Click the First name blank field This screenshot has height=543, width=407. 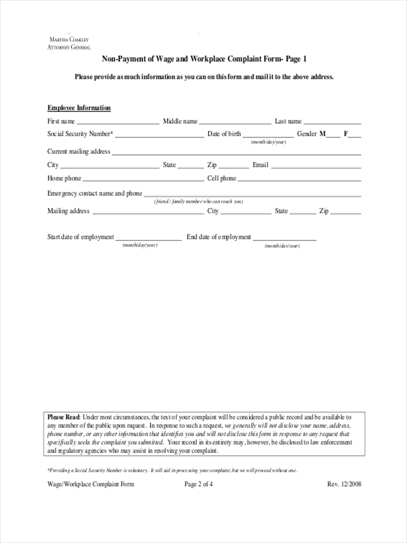118,122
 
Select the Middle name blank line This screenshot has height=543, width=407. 235,122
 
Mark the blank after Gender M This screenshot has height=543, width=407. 333,134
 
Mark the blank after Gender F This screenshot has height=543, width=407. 355,134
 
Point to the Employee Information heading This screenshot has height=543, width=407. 79,108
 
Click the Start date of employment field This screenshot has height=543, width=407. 149,238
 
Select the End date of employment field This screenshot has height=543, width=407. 284,238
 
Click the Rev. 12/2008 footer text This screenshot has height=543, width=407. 344,484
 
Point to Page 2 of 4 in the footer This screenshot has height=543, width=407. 199,484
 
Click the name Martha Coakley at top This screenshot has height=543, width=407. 69,40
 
